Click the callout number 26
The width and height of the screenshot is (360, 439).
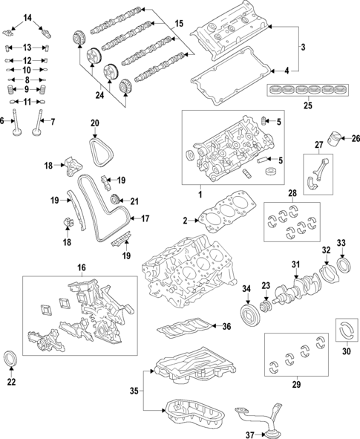point(355,138)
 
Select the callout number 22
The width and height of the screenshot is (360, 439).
point(10,383)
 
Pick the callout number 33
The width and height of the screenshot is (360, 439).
point(341,242)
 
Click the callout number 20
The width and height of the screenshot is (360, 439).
point(94,123)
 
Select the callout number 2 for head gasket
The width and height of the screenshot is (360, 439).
point(186,221)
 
